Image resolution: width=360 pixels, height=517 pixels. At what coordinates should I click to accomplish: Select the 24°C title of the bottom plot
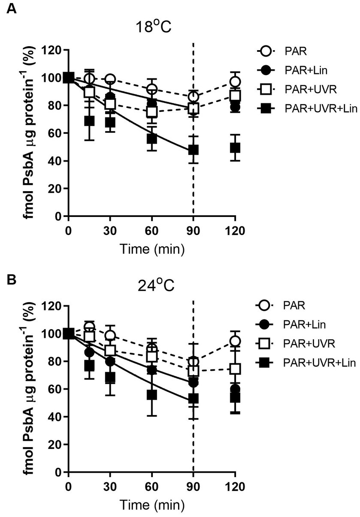(151, 285)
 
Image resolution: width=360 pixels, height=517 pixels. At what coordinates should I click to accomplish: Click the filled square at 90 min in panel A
(194, 150)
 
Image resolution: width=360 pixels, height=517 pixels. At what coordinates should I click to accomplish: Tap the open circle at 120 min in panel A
(235, 82)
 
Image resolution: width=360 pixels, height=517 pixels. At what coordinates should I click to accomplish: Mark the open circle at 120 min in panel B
(235, 341)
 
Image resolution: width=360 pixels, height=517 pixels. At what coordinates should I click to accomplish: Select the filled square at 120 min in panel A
(235, 148)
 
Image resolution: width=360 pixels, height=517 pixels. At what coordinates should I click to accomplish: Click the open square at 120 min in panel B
(235, 369)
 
